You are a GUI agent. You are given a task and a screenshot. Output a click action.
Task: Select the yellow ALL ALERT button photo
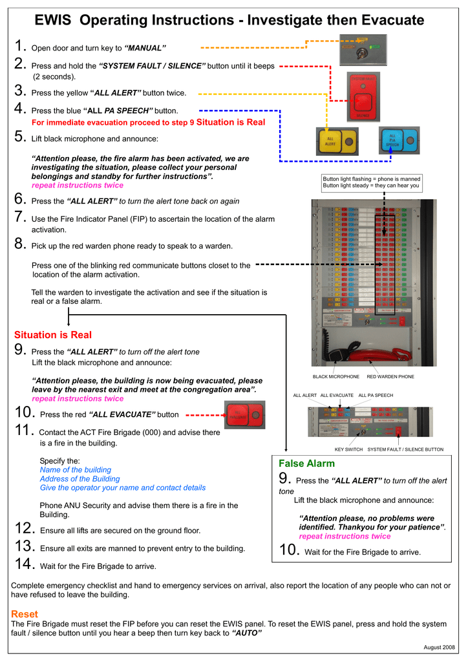[x=337, y=142]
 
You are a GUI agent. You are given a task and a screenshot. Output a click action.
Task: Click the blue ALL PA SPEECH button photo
[x=399, y=142]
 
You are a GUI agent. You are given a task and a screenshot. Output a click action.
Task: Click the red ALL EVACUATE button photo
[x=244, y=415]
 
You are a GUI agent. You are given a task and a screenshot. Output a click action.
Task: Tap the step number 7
[x=19, y=219]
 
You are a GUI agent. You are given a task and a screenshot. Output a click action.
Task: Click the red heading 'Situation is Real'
[x=53, y=335]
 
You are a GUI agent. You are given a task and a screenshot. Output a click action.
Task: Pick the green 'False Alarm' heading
[x=306, y=464]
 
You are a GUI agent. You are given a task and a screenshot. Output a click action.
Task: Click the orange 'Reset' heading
[x=25, y=614]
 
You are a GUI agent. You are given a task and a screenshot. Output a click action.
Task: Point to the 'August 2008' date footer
[x=440, y=647]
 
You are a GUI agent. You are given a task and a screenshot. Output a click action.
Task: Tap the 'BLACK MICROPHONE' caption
[x=335, y=376]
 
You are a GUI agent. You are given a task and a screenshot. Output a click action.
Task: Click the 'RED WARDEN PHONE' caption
[x=390, y=376]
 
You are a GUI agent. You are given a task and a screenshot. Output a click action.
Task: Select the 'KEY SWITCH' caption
[x=348, y=449]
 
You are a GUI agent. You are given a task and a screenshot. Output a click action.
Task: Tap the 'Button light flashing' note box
[x=372, y=182]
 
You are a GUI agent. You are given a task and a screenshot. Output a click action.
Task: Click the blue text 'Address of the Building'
[x=80, y=479]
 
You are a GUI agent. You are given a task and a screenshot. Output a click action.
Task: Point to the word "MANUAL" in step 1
[x=145, y=48]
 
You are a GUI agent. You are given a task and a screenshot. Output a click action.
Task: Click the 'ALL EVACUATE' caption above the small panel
[x=337, y=395]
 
